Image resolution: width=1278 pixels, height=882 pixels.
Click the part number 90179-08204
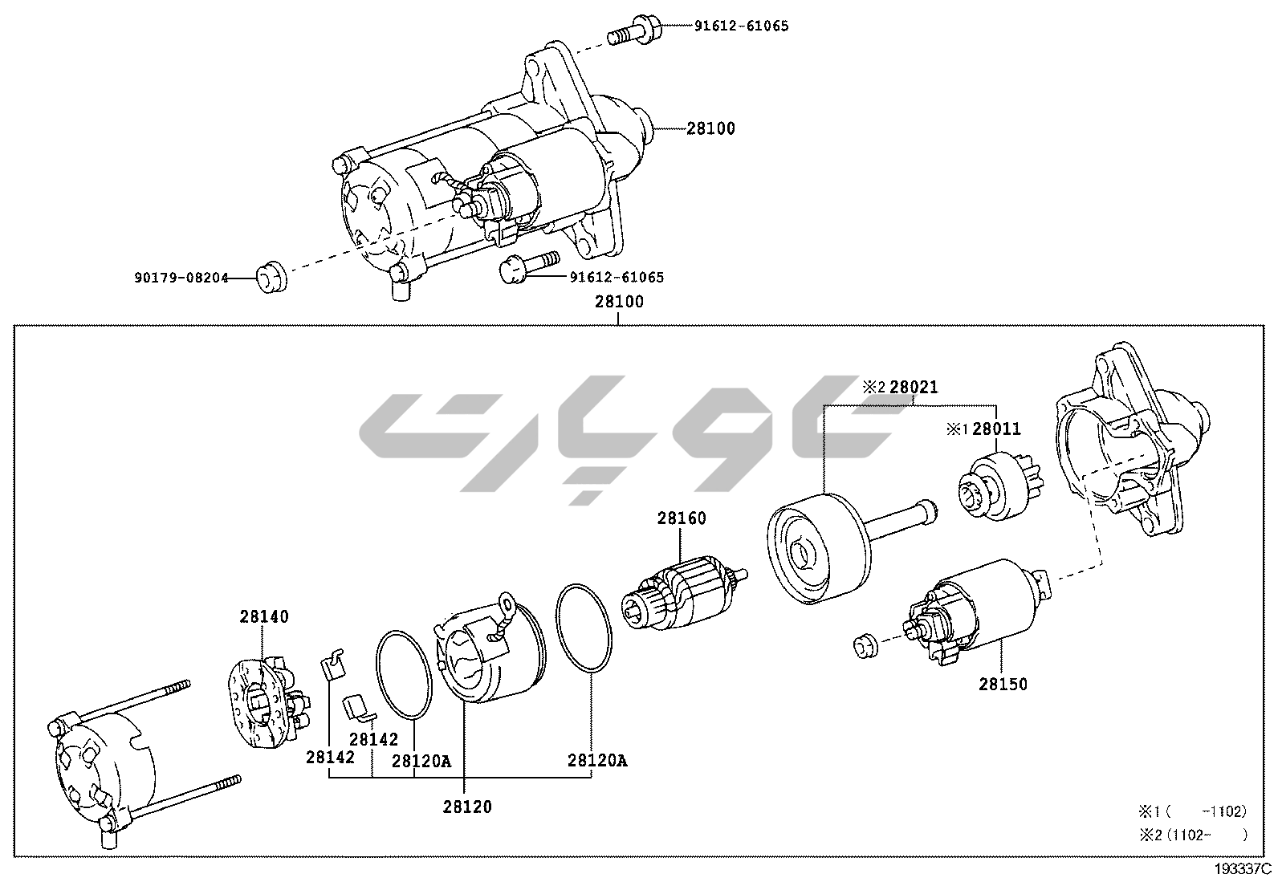pyautogui.click(x=181, y=278)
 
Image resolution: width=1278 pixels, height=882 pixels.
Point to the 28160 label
pyautogui.click(x=682, y=518)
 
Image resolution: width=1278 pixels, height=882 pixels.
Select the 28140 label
pyautogui.click(x=263, y=616)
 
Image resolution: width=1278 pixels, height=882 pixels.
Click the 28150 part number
pyautogui.click(x=1003, y=685)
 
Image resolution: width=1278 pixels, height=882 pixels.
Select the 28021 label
pyautogui.click(x=913, y=388)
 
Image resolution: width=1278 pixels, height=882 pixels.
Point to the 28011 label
pyautogui.click(x=996, y=429)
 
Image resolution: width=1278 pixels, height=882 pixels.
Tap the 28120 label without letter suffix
pyautogui.click(x=466, y=807)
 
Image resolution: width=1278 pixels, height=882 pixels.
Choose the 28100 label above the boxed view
pyautogui.click(x=619, y=303)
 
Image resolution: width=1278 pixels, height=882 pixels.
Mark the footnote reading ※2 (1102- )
pyautogui.click(x=1193, y=835)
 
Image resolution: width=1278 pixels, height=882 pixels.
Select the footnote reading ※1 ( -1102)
pyautogui.click(x=1191, y=811)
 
